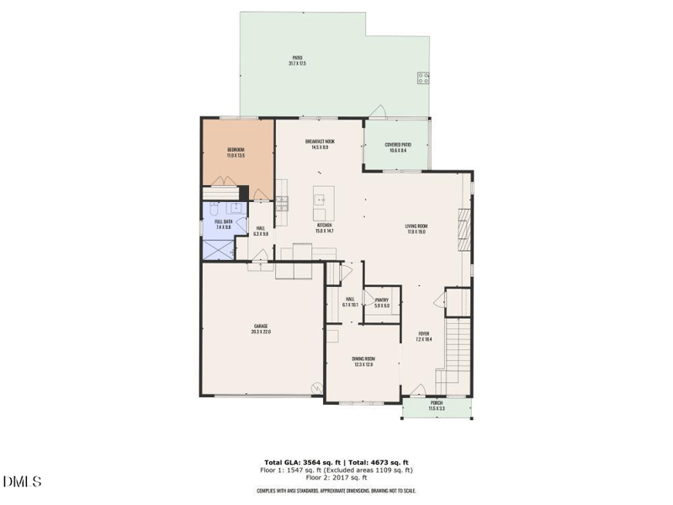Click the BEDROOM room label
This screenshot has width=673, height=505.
(x=236, y=152)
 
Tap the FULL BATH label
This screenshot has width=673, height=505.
(x=223, y=224)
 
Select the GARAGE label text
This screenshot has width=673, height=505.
(x=261, y=329)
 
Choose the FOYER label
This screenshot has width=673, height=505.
(x=424, y=336)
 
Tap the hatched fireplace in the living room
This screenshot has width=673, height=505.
(x=462, y=228)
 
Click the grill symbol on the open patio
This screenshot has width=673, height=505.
(x=422, y=78)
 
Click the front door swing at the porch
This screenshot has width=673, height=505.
(x=416, y=390)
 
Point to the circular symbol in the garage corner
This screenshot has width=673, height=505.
(x=317, y=389)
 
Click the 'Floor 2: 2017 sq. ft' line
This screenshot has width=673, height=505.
(x=336, y=478)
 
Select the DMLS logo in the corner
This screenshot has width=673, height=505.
(x=23, y=482)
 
